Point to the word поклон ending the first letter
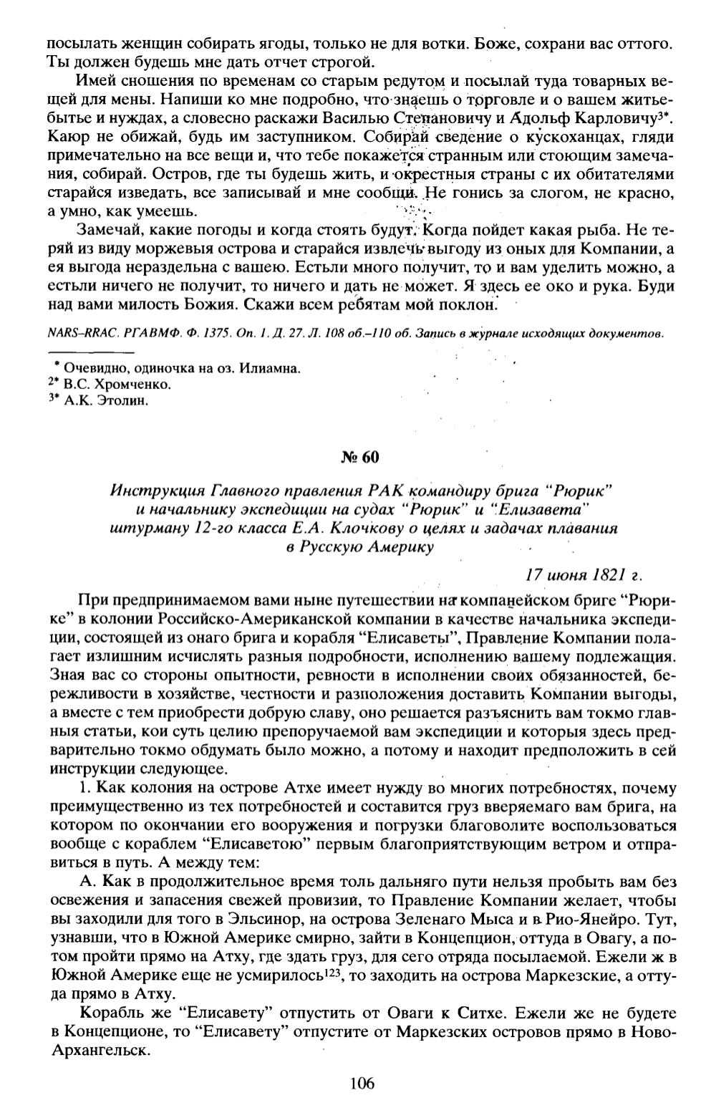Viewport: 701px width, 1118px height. pos(462,305)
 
